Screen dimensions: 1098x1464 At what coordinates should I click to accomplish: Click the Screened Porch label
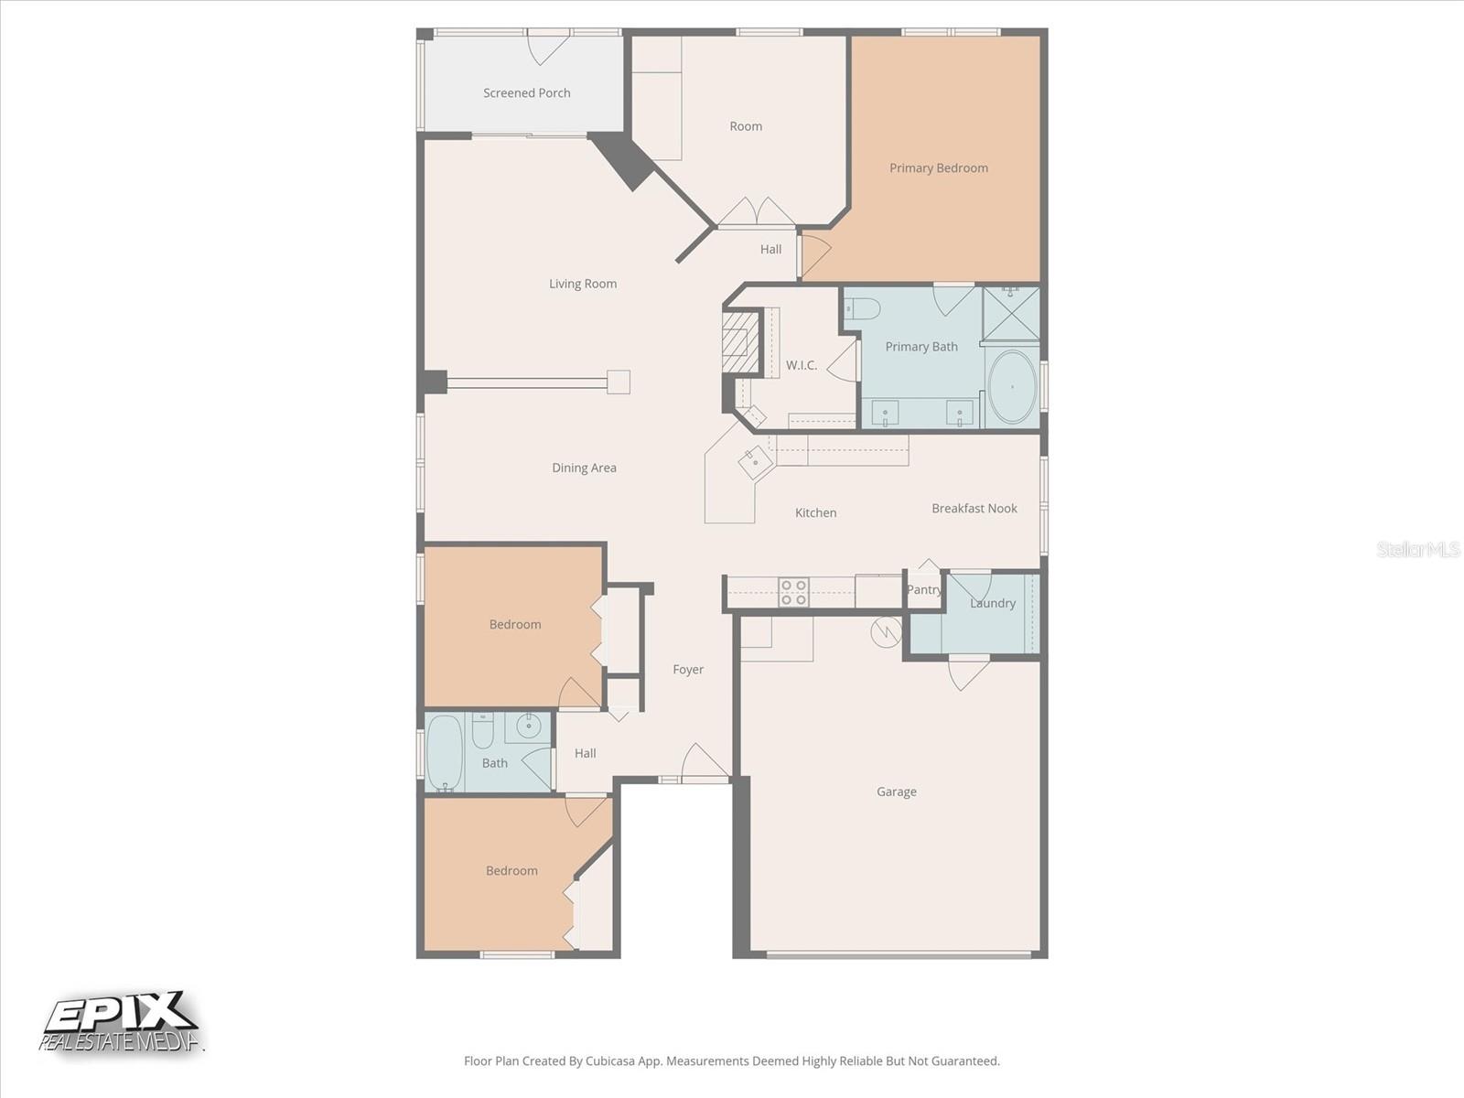[526, 92]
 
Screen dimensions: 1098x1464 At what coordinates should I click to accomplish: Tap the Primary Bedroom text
[938, 167]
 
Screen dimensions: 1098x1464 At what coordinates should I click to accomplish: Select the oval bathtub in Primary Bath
[1012, 387]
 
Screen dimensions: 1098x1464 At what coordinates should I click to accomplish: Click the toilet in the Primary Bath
[862, 308]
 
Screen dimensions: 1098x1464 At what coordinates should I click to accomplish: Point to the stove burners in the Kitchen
[793, 592]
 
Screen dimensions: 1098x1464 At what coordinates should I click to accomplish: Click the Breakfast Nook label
[974, 508]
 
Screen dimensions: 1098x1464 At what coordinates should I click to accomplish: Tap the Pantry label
[923, 589]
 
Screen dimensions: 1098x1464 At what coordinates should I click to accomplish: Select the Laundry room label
[992, 603]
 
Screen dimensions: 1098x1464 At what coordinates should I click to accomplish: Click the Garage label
[896, 791]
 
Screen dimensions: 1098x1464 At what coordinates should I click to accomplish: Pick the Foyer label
[688, 669]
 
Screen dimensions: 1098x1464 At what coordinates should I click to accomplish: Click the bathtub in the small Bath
[445, 753]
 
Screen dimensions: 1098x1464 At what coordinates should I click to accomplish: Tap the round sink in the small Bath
[529, 727]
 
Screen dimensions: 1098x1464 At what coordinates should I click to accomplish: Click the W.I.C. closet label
[801, 365]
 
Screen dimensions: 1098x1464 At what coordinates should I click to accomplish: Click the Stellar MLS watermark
[1417, 549]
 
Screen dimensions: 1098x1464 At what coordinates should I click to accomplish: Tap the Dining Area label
[584, 468]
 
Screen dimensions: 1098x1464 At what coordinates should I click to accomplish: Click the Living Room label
[582, 284]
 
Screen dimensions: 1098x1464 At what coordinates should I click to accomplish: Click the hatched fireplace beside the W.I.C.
[740, 342]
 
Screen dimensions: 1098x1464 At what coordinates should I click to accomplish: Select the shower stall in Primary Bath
[1010, 314]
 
